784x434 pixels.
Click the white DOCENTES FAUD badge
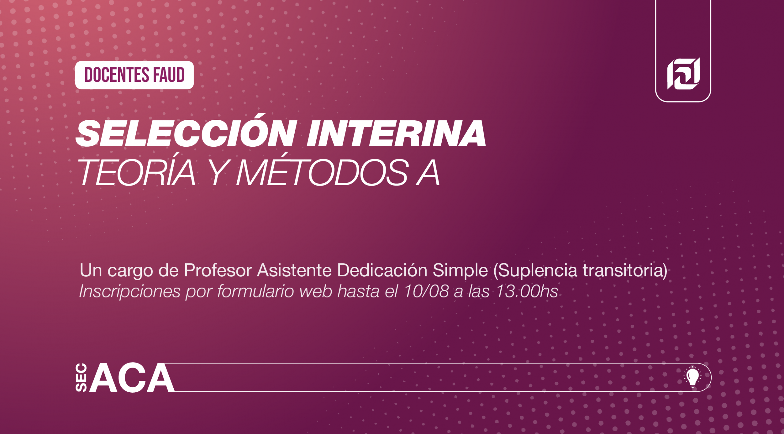point(134,75)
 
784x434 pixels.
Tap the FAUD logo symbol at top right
point(684,74)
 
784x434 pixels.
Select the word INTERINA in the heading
point(397,134)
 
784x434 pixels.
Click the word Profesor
point(218,270)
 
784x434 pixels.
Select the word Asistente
point(294,270)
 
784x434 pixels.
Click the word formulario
point(256,291)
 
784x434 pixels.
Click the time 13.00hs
point(527,291)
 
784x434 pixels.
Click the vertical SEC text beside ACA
point(81,377)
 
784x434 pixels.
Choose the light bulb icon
point(692,377)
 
